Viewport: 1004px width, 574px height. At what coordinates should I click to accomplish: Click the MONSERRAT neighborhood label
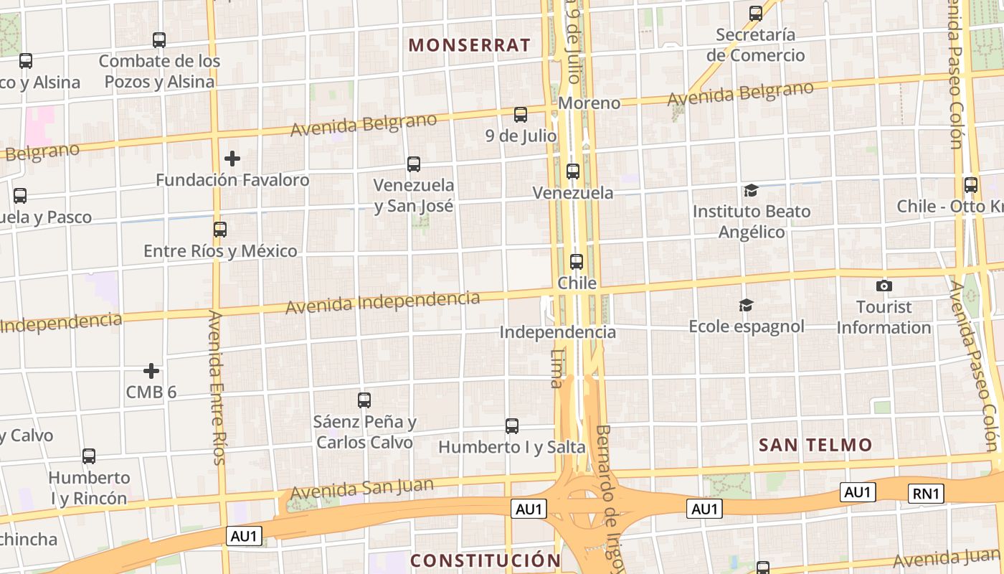pyautogui.click(x=470, y=45)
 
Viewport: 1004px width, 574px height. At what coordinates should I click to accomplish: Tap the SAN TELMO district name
pyautogui.click(x=815, y=445)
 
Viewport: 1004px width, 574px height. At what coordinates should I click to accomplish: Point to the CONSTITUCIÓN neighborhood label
pyautogui.click(x=486, y=560)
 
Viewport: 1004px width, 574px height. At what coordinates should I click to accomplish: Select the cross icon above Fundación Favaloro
pyautogui.click(x=232, y=159)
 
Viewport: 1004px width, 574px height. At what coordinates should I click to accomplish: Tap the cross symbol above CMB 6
pyautogui.click(x=151, y=371)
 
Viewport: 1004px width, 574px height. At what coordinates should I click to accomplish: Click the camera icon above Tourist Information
pyautogui.click(x=884, y=286)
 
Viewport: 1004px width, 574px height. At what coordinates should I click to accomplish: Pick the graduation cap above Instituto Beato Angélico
pyautogui.click(x=751, y=190)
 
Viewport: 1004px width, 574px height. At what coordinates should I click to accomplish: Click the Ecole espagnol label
pyautogui.click(x=747, y=326)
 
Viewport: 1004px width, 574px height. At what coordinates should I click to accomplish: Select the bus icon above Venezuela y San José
pyautogui.click(x=414, y=164)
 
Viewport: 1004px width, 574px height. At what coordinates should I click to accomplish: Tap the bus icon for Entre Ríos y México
pyautogui.click(x=220, y=230)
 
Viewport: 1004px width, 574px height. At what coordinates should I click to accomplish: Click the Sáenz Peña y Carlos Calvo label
pyautogui.click(x=365, y=432)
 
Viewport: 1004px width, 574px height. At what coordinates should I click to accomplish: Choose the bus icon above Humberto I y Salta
pyautogui.click(x=511, y=426)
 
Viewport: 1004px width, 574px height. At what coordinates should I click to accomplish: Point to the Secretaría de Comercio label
pyautogui.click(x=755, y=44)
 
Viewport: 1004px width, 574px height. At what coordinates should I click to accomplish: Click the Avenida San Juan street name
pyautogui.click(x=362, y=489)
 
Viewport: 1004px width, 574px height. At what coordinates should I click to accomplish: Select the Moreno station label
pyautogui.click(x=589, y=103)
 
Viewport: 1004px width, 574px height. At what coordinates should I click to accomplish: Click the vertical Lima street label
pyautogui.click(x=557, y=368)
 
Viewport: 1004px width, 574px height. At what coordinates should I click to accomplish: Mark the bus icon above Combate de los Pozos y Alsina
pyautogui.click(x=159, y=40)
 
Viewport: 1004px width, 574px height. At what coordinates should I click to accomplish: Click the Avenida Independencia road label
pyautogui.click(x=382, y=301)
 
